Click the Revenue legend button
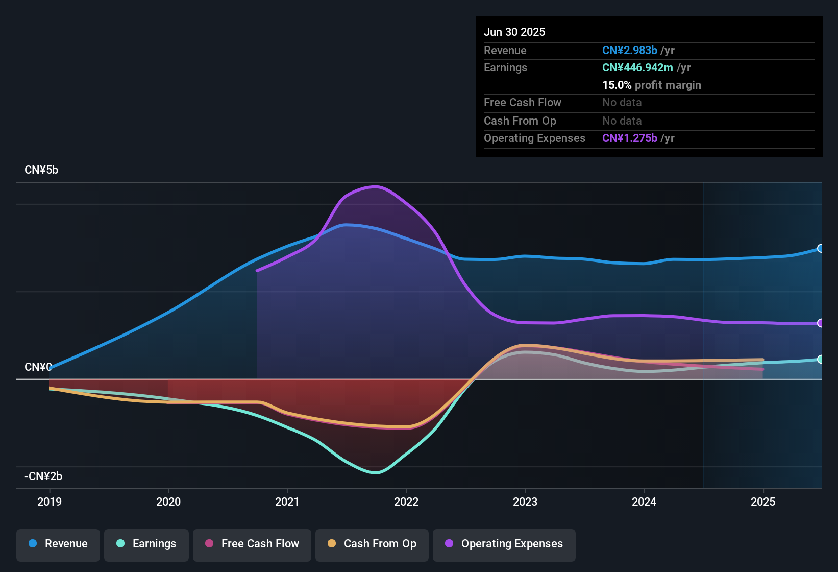[58, 544]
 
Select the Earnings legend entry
[146, 544]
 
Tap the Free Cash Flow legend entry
[252, 544]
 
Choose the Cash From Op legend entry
[372, 544]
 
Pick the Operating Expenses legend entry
[504, 544]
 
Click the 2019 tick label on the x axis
[50, 502]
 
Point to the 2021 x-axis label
[287, 502]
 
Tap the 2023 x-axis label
[525, 502]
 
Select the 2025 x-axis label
[763, 502]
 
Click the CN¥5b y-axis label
[41, 170]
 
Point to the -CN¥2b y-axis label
[43, 476]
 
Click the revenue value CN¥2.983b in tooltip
[629, 51]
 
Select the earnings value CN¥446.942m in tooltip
[637, 68]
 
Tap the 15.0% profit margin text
[652, 85]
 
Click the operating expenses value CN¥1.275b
[629, 138]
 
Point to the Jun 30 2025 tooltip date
[514, 32]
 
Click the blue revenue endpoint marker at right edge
[820, 248]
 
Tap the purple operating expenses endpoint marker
[820, 323]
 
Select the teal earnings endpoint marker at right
[820, 359]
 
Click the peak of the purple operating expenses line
[376, 186]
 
